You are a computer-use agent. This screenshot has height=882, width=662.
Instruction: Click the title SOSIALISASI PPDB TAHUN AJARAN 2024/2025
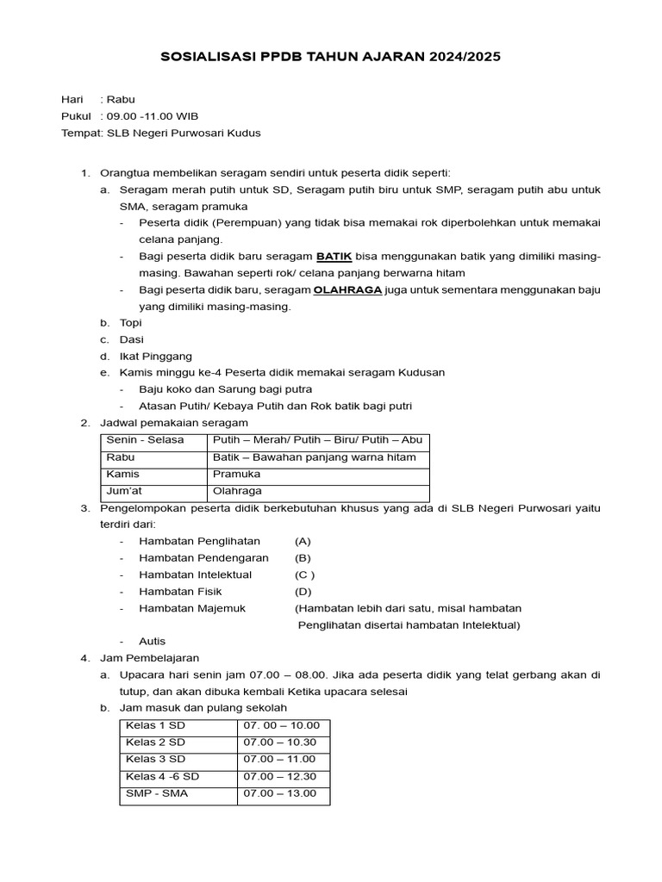(331, 57)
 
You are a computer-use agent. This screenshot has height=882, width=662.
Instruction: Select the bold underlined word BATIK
(334, 257)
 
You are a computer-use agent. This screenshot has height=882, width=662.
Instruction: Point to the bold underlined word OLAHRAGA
(347, 290)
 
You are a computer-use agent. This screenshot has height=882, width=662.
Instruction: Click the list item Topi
(130, 323)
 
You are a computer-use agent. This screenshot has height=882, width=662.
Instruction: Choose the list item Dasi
(131, 339)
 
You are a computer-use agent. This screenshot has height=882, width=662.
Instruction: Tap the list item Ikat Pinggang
(155, 356)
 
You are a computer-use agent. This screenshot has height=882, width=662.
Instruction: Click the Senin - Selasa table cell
(145, 440)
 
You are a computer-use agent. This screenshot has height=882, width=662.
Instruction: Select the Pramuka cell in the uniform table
(236, 474)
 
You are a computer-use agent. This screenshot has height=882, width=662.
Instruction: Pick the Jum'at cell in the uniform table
(124, 491)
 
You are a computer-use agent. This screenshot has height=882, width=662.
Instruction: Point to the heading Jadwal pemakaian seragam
(174, 422)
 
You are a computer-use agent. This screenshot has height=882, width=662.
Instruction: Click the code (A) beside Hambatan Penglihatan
(303, 541)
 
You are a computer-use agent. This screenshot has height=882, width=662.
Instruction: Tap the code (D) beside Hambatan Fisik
(303, 591)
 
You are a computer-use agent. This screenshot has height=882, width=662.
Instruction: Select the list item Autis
(152, 641)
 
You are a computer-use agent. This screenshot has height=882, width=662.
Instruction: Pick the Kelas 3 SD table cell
(155, 759)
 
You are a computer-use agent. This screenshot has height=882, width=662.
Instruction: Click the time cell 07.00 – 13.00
(279, 793)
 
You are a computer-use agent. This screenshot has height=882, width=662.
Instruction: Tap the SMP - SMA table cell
(156, 793)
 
